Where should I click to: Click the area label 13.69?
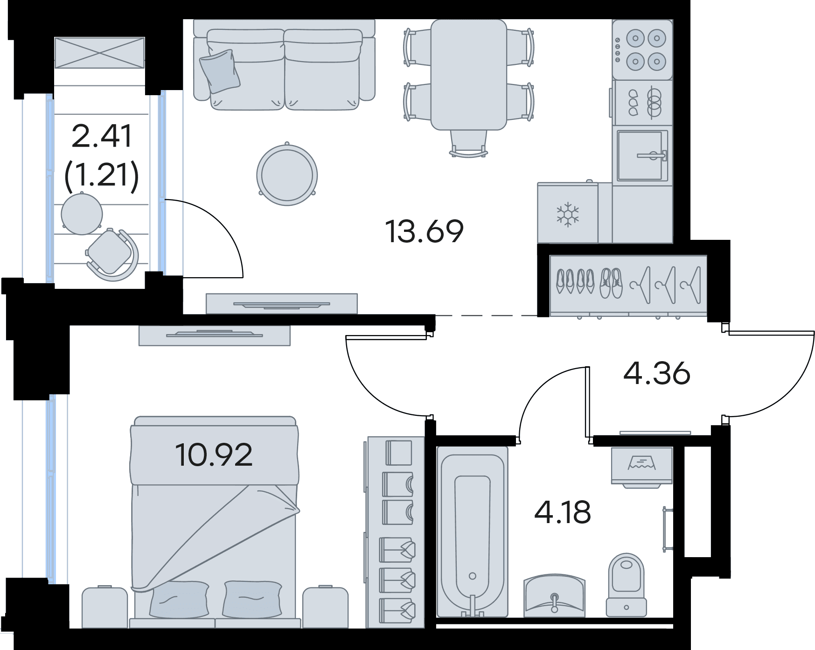tap(425, 231)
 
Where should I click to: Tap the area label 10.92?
tap(214, 455)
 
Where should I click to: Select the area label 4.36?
tap(657, 373)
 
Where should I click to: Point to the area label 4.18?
tap(563, 512)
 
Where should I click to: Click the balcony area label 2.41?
tap(102, 136)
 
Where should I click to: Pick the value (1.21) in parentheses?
tap(102, 176)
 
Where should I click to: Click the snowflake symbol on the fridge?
tap(568, 214)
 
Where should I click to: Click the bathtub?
tap(472, 531)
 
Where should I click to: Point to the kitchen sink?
tap(642, 155)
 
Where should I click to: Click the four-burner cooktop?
tap(642, 49)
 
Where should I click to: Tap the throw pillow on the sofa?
tap(220, 71)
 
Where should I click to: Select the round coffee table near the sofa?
tap(287, 174)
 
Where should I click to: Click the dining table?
tap(468, 74)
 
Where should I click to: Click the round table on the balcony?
tap(82, 213)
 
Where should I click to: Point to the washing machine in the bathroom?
tap(641, 467)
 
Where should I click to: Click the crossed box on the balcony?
tap(100, 53)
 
